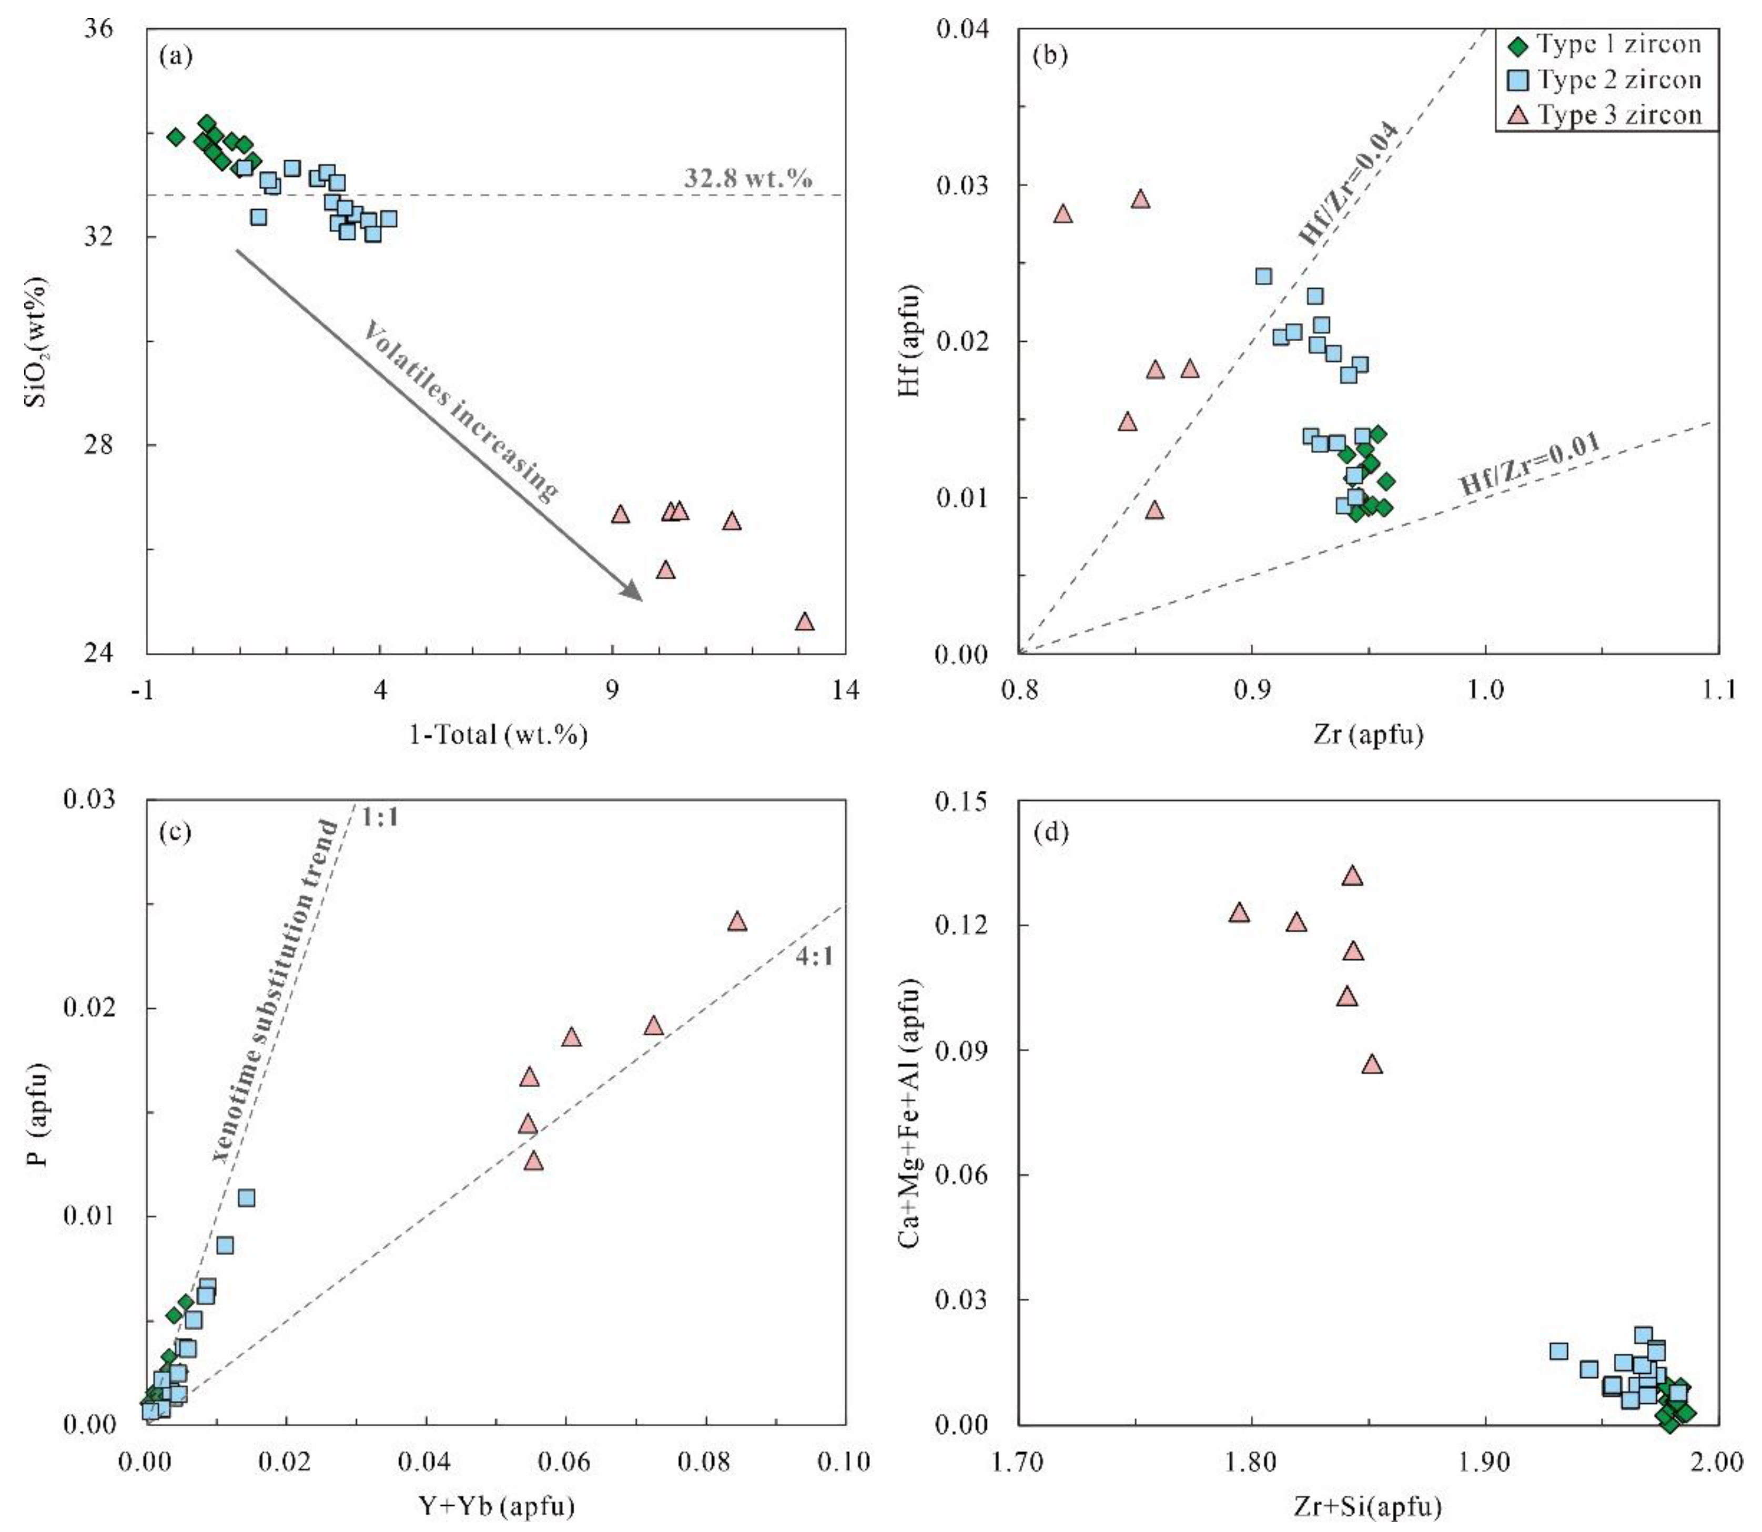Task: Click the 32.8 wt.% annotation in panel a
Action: pyautogui.click(x=747, y=178)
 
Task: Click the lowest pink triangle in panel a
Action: pyautogui.click(x=804, y=621)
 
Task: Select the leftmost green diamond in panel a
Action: pyautogui.click(x=175, y=137)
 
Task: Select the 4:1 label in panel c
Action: pyautogui.click(x=814, y=957)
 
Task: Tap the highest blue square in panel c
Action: pyautogui.click(x=246, y=1198)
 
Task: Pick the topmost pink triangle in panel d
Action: pyautogui.click(x=1352, y=875)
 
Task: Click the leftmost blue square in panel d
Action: pyautogui.click(x=1558, y=1351)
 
